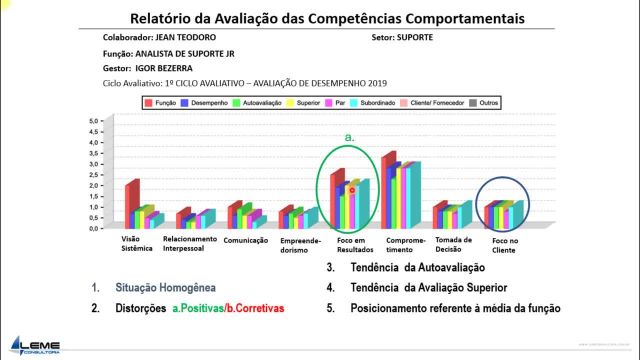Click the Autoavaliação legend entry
[x=257, y=102]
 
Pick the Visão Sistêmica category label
[x=130, y=243]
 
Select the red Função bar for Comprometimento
[x=389, y=191]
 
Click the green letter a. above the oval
[x=350, y=135]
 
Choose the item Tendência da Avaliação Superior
[x=430, y=288]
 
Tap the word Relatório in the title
[x=170, y=19]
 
